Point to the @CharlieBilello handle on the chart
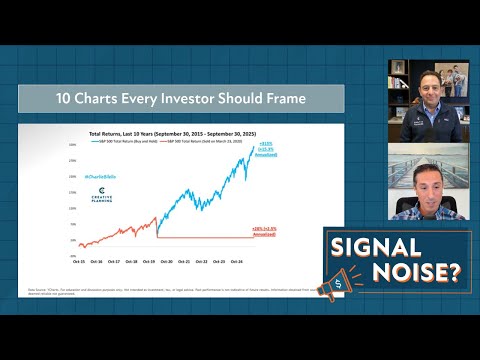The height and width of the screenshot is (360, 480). pyautogui.click(x=104, y=177)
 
